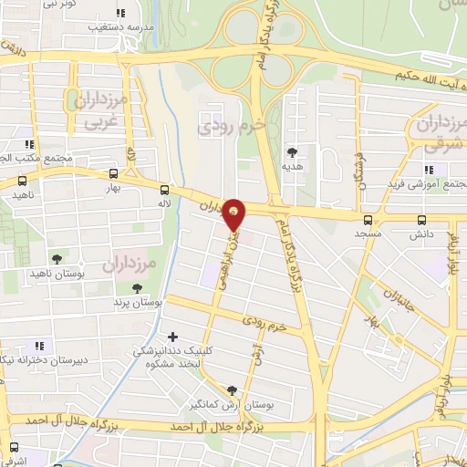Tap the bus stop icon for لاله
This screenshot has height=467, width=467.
pyautogui.click(x=164, y=190)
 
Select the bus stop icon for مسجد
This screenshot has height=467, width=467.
pyautogui.click(x=368, y=220)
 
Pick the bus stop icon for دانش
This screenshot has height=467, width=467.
pyautogui.click(x=421, y=220)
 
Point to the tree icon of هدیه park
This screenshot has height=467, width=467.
pyautogui.click(x=292, y=152)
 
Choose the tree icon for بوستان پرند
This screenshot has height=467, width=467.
pyautogui.click(x=137, y=288)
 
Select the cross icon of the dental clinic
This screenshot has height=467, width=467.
pyautogui.click(x=174, y=337)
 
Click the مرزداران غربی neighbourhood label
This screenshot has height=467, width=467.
pyautogui.click(x=93, y=108)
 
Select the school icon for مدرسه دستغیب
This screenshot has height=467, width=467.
pyautogui.click(x=120, y=13)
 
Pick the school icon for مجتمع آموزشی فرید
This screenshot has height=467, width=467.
pyautogui.click(x=428, y=170)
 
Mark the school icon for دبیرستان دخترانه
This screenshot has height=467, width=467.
pyautogui.click(x=38, y=346)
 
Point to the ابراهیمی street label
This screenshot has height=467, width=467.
pyautogui.click(x=235, y=256)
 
